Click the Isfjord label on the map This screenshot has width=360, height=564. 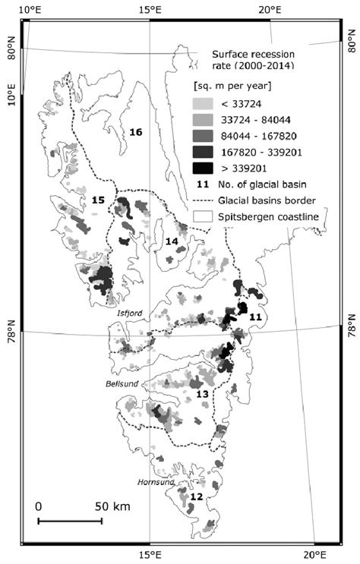129,312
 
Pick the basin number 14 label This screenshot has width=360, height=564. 172,241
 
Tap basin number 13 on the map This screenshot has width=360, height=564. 202,395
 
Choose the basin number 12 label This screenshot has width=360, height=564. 196,496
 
